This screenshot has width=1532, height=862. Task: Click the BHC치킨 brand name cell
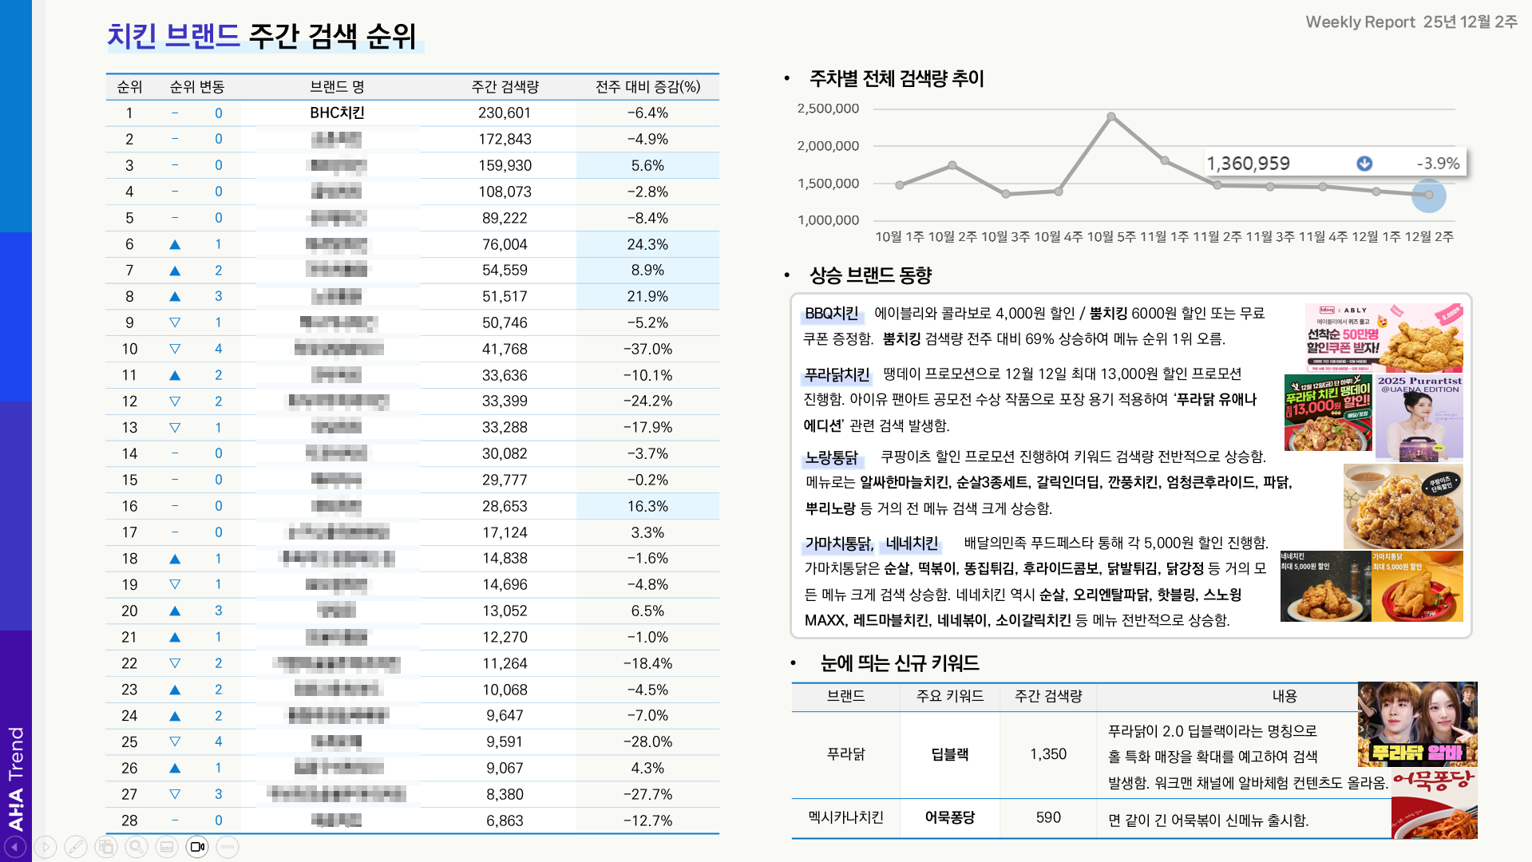[x=337, y=113]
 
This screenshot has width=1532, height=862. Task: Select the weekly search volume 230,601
[x=504, y=113]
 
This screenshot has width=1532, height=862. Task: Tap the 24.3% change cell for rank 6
[x=647, y=244]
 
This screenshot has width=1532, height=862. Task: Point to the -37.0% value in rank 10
[x=647, y=349]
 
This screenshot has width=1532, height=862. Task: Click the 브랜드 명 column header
[x=337, y=86]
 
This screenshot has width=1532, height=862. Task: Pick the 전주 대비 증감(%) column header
[x=647, y=86]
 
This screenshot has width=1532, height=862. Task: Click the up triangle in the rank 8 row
[x=175, y=297]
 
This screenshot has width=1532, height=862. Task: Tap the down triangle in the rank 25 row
[x=175, y=741]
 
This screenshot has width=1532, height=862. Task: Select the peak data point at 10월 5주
[x=1111, y=117]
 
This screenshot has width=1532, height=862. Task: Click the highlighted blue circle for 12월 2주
[x=1429, y=195]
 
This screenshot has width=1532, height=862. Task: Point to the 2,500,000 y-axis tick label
[x=828, y=109]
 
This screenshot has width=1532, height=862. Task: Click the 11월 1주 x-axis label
[x=1165, y=237]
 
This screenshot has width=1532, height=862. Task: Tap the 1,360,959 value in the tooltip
[x=1248, y=164]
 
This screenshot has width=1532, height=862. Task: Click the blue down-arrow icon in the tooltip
[x=1364, y=164]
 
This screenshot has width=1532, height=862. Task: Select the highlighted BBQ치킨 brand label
[x=831, y=314]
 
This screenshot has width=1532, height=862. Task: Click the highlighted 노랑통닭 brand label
[x=831, y=457]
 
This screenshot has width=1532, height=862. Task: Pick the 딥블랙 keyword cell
[x=949, y=754]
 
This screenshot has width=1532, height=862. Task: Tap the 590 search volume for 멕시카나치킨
[x=1048, y=817]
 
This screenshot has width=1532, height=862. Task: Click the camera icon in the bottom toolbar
[x=197, y=847]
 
